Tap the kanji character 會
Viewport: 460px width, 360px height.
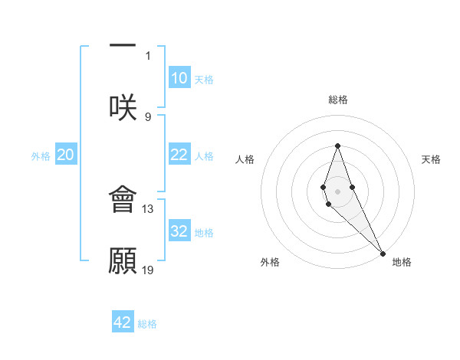click(123, 199)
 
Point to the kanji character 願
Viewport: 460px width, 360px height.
click(123, 260)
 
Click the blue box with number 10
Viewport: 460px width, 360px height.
click(179, 78)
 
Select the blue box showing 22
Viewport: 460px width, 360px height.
click(179, 155)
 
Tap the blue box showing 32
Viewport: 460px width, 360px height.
click(179, 231)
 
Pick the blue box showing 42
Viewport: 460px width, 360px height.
click(123, 322)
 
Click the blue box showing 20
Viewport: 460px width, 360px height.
click(65, 155)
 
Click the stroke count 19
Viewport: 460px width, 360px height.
click(148, 270)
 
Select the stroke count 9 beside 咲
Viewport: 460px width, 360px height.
click(148, 116)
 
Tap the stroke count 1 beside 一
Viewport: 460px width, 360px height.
click(148, 55)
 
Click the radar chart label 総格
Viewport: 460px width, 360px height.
click(337, 100)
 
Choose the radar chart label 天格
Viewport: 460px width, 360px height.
click(431, 159)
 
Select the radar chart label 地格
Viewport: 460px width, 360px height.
click(402, 262)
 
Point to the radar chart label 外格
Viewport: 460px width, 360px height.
click(270, 262)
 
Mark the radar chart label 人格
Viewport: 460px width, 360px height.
click(245, 159)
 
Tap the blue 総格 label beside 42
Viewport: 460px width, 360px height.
click(147, 324)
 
